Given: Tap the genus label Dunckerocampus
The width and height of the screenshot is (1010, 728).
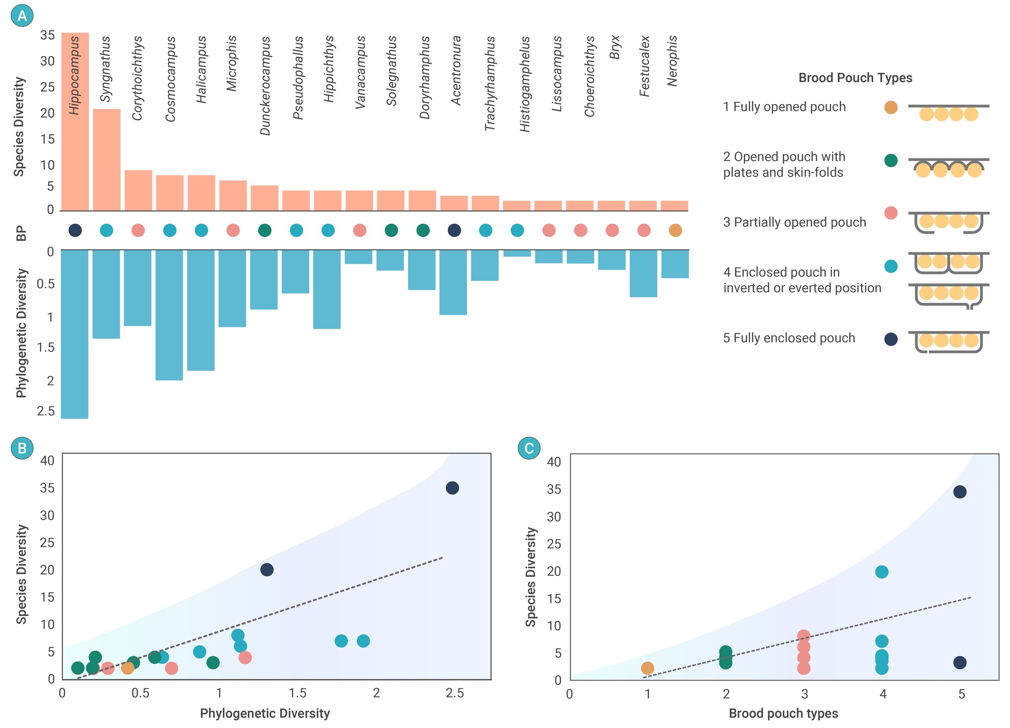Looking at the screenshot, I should coord(265,86).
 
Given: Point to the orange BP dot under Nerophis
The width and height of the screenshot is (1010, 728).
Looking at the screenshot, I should coord(675,230).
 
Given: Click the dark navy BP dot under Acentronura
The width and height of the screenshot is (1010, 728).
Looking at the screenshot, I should coord(454,230).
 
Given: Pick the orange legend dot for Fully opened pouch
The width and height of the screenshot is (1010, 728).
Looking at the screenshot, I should coord(891,108).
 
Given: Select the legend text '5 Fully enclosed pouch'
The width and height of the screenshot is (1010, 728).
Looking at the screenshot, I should coord(789,338).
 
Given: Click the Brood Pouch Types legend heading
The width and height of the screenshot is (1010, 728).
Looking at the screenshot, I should coord(855,78).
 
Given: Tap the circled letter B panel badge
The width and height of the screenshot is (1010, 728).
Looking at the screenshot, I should coord(22,448).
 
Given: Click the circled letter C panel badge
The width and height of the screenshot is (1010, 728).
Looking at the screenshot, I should coord(529,448).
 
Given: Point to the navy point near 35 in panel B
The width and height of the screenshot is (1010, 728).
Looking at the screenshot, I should coord(452,488).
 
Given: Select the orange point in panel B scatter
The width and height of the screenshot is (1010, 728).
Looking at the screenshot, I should coord(128,668).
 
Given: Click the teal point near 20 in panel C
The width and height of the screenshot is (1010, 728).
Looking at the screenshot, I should coord(882,572).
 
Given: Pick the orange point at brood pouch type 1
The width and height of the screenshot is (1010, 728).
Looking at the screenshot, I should coord(647,668).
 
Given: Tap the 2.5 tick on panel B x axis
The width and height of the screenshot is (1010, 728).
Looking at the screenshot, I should coord(455,693).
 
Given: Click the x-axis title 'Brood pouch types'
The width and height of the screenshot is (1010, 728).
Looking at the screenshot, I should coord(783,713).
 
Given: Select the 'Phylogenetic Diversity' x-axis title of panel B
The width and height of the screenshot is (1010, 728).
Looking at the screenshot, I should coord(264,713).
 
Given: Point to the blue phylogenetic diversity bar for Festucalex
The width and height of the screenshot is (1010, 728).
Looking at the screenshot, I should coord(643,273).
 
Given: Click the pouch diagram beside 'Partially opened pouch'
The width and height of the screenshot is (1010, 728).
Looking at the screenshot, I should coord(948,222).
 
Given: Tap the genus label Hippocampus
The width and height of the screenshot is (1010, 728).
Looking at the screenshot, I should coord(74,75).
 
